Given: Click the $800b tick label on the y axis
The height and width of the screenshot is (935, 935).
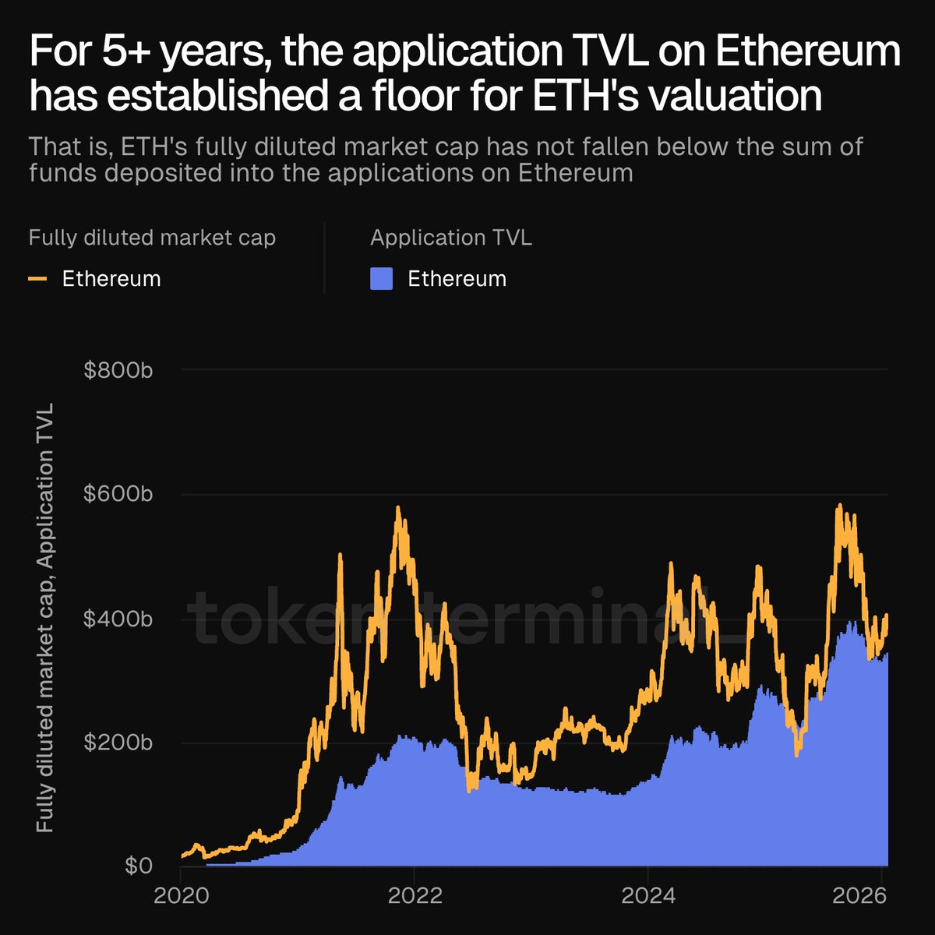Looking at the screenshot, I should [x=118, y=370].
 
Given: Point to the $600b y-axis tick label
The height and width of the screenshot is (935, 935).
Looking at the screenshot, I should [x=118, y=494].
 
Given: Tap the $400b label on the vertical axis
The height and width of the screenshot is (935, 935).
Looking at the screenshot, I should [x=118, y=619].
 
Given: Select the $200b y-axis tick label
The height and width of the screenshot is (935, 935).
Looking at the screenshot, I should [x=118, y=743].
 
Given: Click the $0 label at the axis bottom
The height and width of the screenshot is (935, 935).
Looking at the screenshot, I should [x=138, y=866].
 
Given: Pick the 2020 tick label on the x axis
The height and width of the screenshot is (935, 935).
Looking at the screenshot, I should [x=181, y=895].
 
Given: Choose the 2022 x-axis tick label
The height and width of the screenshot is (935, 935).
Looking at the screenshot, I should [x=415, y=895].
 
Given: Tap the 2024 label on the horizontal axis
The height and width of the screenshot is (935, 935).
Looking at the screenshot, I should [x=648, y=895].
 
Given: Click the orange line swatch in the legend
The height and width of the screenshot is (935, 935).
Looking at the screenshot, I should [x=37, y=279].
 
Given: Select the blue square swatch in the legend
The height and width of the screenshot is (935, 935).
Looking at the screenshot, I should [x=381, y=279].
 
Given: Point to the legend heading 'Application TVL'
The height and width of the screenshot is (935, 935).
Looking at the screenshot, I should [x=451, y=238].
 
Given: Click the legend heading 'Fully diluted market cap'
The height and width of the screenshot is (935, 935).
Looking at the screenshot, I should [x=152, y=238].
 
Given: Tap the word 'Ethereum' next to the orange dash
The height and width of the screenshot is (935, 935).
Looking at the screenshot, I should [x=111, y=279].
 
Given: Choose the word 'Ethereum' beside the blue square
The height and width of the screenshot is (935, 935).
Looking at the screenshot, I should [x=457, y=279].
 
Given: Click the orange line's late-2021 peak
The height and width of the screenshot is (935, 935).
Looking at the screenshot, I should [x=397, y=508].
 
